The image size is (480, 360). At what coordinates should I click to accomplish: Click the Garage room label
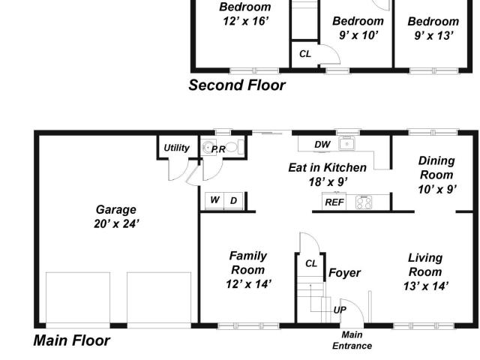click(x=115, y=210)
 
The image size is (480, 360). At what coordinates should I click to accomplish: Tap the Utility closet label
click(x=177, y=148)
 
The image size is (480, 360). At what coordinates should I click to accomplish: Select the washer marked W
click(x=214, y=200)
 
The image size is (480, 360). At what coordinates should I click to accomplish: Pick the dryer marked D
click(x=233, y=200)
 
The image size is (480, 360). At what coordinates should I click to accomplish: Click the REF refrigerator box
click(x=334, y=202)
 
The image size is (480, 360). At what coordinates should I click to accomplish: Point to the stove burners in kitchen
click(x=364, y=202)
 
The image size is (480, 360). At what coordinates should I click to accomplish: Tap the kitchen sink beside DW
click(x=346, y=143)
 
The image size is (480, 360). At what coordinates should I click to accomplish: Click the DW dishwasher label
click(x=322, y=145)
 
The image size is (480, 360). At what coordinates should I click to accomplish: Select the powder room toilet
click(x=233, y=148)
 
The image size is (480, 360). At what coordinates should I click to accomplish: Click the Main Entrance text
click(x=352, y=340)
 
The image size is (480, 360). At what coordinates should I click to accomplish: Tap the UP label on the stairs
click(x=340, y=310)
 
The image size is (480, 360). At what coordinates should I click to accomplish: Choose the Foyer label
click(x=344, y=273)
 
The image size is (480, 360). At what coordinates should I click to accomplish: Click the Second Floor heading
click(x=237, y=85)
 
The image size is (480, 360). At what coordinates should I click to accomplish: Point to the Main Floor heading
click(x=72, y=340)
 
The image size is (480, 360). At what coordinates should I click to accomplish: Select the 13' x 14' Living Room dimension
click(x=426, y=286)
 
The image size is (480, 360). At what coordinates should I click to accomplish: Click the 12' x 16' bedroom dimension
click(x=246, y=21)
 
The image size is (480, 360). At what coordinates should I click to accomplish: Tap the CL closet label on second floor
click(x=305, y=54)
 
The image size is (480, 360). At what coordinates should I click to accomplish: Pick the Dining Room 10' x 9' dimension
click(x=437, y=190)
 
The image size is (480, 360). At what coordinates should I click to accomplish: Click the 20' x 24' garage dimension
click(x=116, y=224)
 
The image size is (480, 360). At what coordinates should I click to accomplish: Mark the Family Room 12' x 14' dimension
click(x=248, y=284)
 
